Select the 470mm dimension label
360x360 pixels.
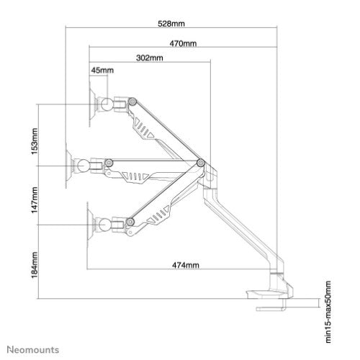(185, 42)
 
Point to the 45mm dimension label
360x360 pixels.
(102, 70)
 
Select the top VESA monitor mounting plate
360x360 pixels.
(91, 102)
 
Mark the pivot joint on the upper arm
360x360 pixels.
(133, 103)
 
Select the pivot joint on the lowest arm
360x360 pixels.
(131, 222)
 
